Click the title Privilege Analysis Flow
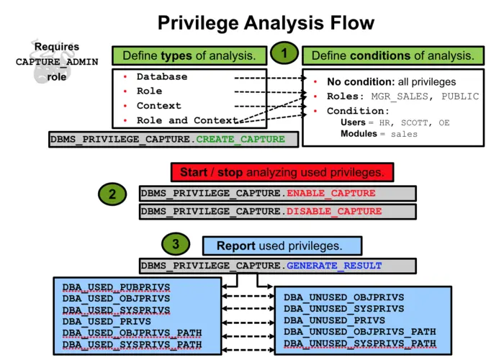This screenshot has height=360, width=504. pyautogui.click(x=266, y=22)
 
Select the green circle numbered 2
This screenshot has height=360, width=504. pyautogui.click(x=112, y=194)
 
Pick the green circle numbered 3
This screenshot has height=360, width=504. pyautogui.click(x=176, y=244)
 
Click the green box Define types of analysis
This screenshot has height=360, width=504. pyautogui.click(x=189, y=55)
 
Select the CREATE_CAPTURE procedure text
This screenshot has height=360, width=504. pyautogui.click(x=240, y=139)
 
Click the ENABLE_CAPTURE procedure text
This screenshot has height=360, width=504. pyautogui.click(x=331, y=193)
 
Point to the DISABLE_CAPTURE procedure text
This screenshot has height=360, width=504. pyautogui.click(x=334, y=211)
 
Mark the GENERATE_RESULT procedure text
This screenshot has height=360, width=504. pyautogui.click(x=334, y=266)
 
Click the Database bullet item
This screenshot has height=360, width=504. pyautogui.click(x=162, y=77)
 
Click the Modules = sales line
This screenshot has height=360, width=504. pyautogui.click(x=379, y=134)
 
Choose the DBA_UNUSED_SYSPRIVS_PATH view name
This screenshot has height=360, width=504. pyautogui.click(x=359, y=343)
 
